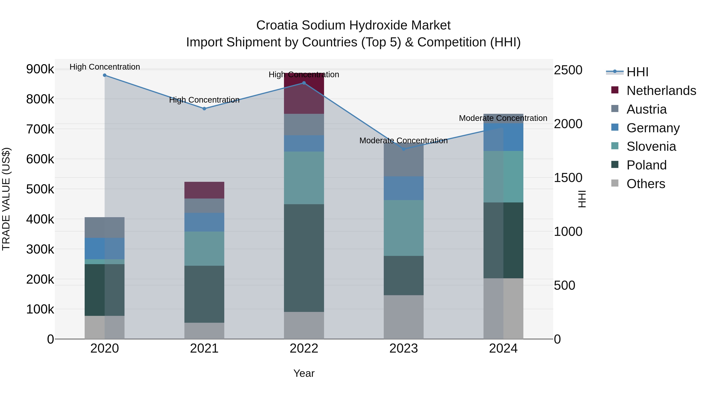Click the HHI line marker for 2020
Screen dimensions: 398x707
click(x=104, y=75)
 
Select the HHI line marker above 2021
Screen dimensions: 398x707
click(x=204, y=109)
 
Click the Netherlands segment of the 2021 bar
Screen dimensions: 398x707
click(x=204, y=190)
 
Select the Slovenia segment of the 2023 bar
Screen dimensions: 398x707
click(x=403, y=228)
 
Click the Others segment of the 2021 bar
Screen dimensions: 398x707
click(x=204, y=331)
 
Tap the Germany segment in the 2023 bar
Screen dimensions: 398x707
click(x=403, y=188)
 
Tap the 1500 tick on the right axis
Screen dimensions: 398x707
click(x=568, y=178)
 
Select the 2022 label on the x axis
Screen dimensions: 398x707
click(x=304, y=348)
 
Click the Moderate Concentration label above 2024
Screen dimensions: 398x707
click(x=503, y=118)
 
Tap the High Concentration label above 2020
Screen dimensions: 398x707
click(x=104, y=67)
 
